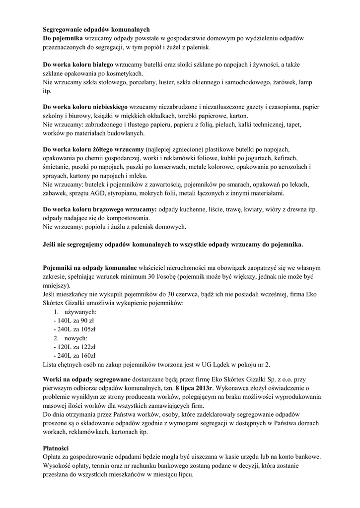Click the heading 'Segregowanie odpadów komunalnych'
96,30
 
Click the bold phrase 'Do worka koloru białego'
78,64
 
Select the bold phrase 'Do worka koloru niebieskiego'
85,107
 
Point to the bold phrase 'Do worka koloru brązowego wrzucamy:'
100,209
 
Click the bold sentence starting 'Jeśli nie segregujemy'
173,244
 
